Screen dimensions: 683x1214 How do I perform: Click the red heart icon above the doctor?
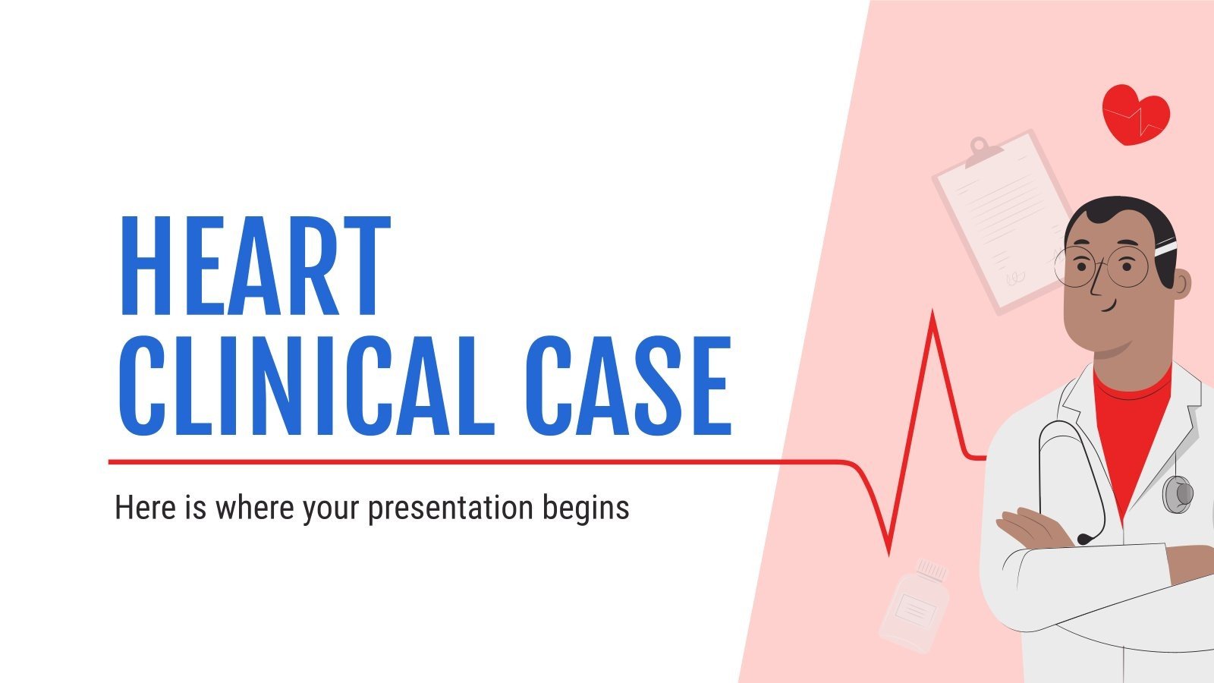(x=1135, y=114)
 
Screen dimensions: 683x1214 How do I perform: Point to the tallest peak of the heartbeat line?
(x=932, y=315)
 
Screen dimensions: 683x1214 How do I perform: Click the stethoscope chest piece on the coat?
(x=1177, y=493)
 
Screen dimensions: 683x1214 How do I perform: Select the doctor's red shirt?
(x=1131, y=433)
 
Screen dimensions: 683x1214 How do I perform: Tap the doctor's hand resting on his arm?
(x=1032, y=527)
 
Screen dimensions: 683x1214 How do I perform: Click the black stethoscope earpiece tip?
(x=1085, y=539)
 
